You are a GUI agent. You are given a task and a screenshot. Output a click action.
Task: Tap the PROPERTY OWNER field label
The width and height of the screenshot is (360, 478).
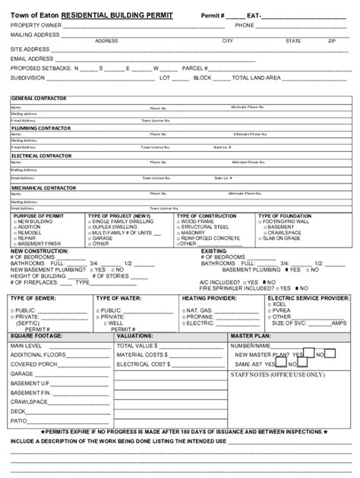pyautogui.click(x=36, y=25)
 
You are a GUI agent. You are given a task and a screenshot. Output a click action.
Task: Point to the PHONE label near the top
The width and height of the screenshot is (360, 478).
pyautogui.click(x=244, y=25)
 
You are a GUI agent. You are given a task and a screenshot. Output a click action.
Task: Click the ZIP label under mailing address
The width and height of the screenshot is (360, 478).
pyautogui.click(x=332, y=41)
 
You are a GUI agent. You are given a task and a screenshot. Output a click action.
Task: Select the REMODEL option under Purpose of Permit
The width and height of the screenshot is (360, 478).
pyautogui.click(x=30, y=232)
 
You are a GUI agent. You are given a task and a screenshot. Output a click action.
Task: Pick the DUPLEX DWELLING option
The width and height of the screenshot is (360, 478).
pyautogui.click(x=114, y=226)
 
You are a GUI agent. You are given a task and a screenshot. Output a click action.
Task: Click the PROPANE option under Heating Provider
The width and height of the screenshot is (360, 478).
pyautogui.click(x=201, y=316)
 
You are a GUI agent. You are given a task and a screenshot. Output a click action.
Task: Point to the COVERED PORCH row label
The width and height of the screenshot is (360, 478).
pyautogui.click(x=33, y=364)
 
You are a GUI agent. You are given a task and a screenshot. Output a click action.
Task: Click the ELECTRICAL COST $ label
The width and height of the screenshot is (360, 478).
pyautogui.click(x=143, y=364)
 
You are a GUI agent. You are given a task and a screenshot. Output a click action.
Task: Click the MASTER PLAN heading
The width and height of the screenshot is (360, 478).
pyautogui.click(x=251, y=335)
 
